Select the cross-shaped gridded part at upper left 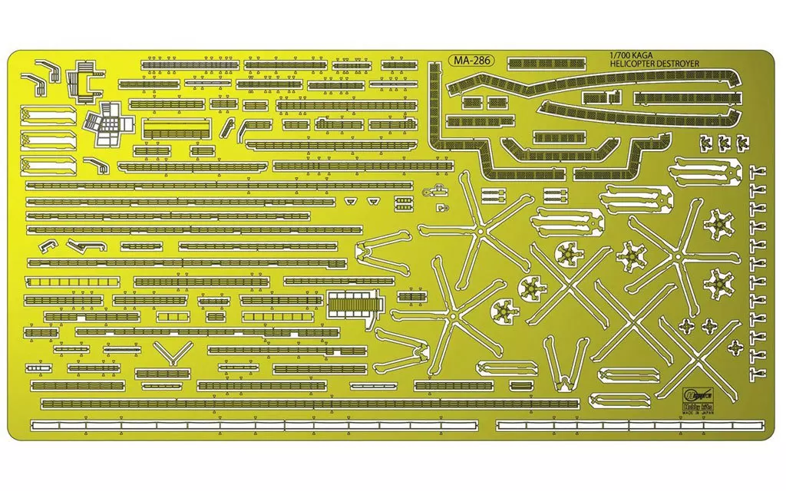[x=106, y=127]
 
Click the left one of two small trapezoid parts [x=351, y=200]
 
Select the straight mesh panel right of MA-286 [x=547, y=61]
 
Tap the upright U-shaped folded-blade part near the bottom [x=565, y=360]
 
